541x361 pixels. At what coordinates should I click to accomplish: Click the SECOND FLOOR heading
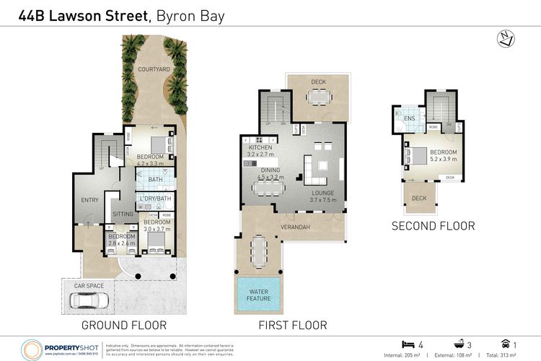click(433, 226)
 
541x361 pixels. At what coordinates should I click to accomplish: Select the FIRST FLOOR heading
click(292, 325)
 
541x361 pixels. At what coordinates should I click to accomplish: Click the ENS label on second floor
click(409, 118)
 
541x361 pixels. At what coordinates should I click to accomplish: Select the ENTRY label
click(89, 200)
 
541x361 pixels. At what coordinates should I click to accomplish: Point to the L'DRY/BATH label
click(154, 199)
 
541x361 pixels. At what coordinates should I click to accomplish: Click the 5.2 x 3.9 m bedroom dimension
click(443, 160)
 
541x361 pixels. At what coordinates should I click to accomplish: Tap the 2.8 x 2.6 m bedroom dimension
click(121, 243)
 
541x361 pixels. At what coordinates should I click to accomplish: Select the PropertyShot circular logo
click(33, 348)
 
